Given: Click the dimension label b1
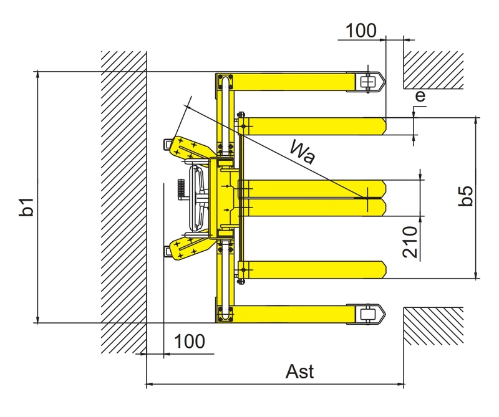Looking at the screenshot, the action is pyautogui.click(x=27, y=207).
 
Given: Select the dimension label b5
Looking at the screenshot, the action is pyautogui.click(x=465, y=196).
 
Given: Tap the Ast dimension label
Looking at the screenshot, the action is pyautogui.click(x=300, y=371).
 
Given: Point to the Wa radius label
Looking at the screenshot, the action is pyautogui.click(x=303, y=152).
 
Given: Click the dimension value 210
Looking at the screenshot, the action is pyautogui.click(x=410, y=242).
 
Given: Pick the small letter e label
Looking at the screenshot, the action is pyautogui.click(x=420, y=95).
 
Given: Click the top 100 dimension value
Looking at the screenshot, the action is pyautogui.click(x=361, y=31).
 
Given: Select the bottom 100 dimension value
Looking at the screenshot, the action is pyautogui.click(x=190, y=342).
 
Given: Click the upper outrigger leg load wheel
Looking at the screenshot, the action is pyautogui.click(x=367, y=82).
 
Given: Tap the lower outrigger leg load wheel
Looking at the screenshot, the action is pyautogui.click(x=367, y=315).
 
